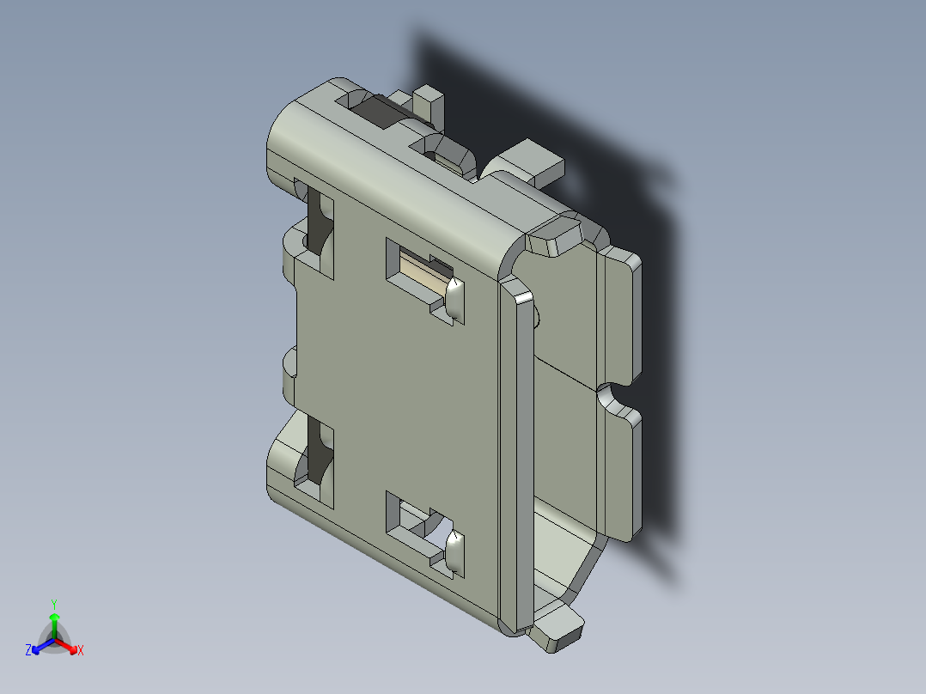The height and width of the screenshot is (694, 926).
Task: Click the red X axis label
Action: click(80, 651)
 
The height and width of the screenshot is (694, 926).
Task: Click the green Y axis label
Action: click(53, 604)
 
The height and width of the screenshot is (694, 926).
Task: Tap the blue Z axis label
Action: click(28, 651)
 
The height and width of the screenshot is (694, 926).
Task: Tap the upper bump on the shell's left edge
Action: click(290, 249)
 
